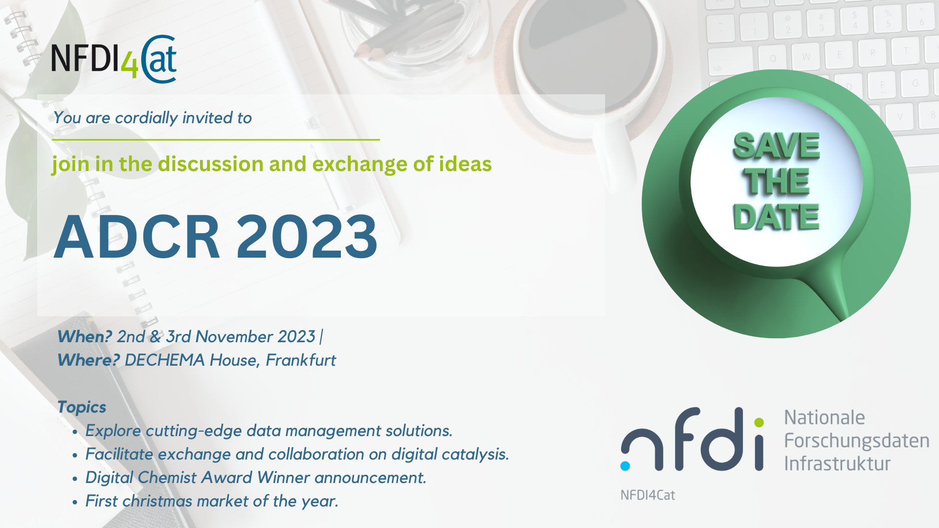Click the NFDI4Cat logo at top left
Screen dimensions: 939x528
click(x=114, y=59)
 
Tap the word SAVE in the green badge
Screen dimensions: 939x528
click(x=776, y=146)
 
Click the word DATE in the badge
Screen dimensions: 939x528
click(x=776, y=217)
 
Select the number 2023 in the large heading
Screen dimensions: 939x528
click(x=307, y=237)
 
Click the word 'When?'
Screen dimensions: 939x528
click(x=85, y=337)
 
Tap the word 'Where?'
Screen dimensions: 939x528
click(x=89, y=360)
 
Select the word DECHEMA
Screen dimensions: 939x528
click(x=165, y=360)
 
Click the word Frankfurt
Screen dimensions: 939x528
click(x=301, y=360)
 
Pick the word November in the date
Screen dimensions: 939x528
click(x=234, y=337)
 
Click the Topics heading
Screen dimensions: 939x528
click(x=82, y=407)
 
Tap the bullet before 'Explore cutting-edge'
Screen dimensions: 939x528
click(x=75, y=432)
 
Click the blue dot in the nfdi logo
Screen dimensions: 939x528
click(x=625, y=465)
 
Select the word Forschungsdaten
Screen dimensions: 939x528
click(x=857, y=441)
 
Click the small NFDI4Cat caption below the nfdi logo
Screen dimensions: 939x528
click(x=648, y=495)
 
